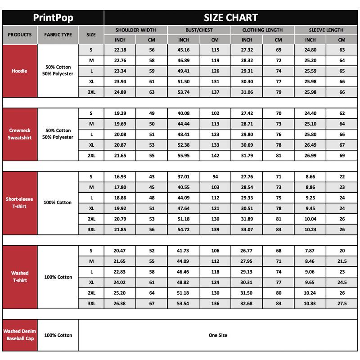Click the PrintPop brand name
[x=53, y=18]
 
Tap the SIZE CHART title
[x=231, y=18]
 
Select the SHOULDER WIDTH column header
[x=135, y=30]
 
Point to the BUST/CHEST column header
[x=199, y=30]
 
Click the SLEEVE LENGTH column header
[x=326, y=30]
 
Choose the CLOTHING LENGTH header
[x=262, y=30]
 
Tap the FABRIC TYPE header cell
[x=58, y=35]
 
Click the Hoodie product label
[x=20, y=71]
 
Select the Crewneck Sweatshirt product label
[x=20, y=134]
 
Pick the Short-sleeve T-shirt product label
[x=20, y=202]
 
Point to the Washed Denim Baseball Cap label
[x=20, y=335]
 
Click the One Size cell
[x=218, y=335]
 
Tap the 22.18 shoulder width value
[x=120, y=49]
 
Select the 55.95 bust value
[x=183, y=155]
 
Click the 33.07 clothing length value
[x=247, y=229]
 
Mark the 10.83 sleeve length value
[x=310, y=303]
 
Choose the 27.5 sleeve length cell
[x=342, y=303]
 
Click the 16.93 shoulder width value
[x=120, y=176]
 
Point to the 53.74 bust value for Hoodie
[x=183, y=92]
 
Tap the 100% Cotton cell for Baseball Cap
[x=58, y=335]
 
